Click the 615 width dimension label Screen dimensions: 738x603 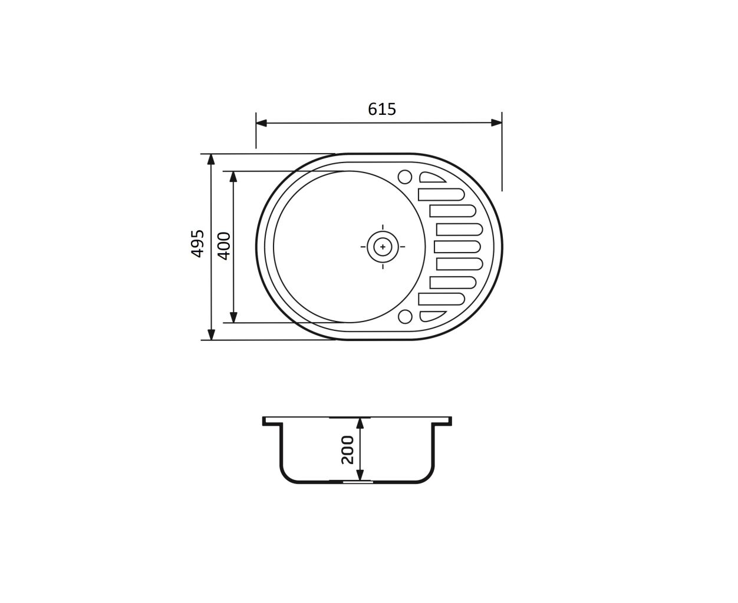tap(382, 109)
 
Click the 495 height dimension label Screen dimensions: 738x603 tap(197, 244)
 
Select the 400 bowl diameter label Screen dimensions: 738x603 tap(225, 246)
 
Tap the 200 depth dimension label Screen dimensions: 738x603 tap(347, 449)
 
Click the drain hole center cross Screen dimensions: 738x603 tap(383, 247)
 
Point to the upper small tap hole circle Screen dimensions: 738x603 tap(405, 177)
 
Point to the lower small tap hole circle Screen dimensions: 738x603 tap(405, 317)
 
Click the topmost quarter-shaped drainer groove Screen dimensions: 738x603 tap(431, 178)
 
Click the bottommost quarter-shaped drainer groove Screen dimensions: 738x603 tap(431, 316)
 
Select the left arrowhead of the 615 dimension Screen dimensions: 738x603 tap(261, 123)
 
